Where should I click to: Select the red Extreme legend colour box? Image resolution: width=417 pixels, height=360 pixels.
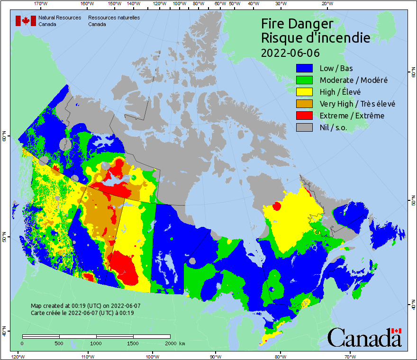(305, 116)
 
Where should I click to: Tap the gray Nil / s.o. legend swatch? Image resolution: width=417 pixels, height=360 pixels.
(305, 127)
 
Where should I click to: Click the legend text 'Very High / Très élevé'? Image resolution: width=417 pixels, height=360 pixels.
(357, 104)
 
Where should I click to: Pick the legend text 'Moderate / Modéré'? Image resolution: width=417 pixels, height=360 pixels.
(354, 80)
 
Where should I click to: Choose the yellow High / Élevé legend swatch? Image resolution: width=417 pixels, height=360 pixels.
(305, 92)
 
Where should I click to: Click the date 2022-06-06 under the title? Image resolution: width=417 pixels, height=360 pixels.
(290, 53)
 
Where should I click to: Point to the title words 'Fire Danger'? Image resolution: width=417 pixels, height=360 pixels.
(297, 24)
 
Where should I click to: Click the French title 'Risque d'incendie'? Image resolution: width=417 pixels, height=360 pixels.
(315, 38)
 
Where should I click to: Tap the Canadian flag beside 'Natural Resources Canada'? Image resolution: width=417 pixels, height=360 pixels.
(26, 21)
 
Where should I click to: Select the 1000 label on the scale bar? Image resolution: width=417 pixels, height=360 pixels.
(96, 343)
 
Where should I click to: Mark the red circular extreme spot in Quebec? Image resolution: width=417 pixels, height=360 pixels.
(277, 206)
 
